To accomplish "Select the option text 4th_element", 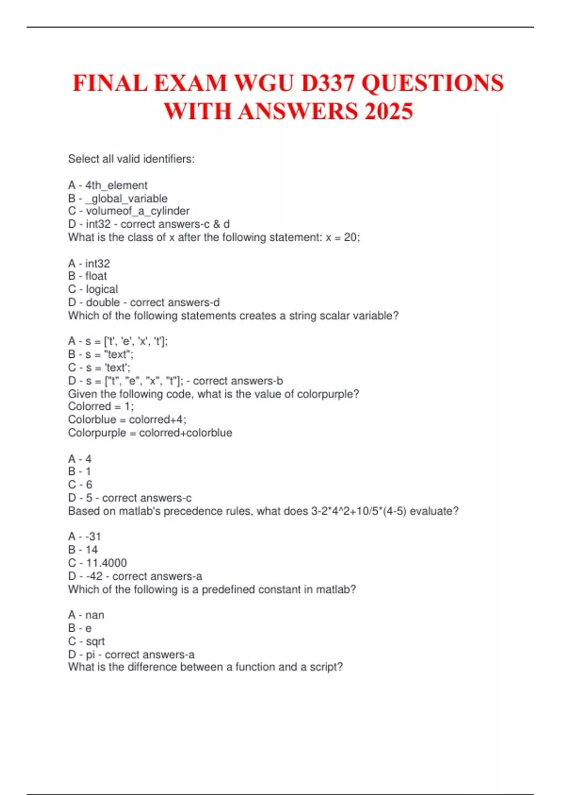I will [x=116, y=186].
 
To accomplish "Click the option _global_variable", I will [x=126, y=199].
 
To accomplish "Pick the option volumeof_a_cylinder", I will [x=137, y=211].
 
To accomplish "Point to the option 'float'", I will [x=96, y=276].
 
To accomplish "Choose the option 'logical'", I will [x=102, y=289].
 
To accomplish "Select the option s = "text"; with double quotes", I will [x=109, y=354].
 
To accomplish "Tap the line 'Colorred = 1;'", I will [x=101, y=406].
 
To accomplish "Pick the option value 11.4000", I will [x=106, y=563].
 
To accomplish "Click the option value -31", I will [x=93, y=537].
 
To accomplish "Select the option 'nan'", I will [x=95, y=615].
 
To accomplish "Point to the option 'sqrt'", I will [x=95, y=642].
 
